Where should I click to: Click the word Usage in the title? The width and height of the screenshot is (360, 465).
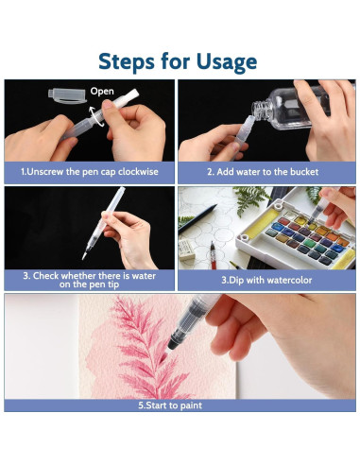[227, 61]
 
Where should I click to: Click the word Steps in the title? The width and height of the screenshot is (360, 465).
[127, 60]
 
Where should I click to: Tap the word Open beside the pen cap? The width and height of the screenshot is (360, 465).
[102, 92]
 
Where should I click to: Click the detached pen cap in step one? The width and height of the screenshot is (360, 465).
[67, 95]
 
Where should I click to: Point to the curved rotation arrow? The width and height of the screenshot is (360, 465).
[95, 116]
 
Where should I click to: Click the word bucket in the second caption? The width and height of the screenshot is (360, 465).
[304, 172]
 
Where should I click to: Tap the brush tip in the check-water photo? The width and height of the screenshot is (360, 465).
[84, 255]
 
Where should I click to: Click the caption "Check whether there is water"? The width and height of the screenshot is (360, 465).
[90, 276]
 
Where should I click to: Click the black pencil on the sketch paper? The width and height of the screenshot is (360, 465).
[197, 218]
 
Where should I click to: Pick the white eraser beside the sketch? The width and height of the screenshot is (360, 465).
[186, 250]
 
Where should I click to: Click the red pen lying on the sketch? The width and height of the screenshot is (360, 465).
[214, 255]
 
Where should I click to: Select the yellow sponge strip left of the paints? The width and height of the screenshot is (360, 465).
[262, 224]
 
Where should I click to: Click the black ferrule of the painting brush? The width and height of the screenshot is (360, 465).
[176, 339]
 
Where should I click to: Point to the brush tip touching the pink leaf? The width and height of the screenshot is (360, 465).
[163, 357]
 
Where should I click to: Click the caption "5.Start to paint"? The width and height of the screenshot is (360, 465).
[170, 405]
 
